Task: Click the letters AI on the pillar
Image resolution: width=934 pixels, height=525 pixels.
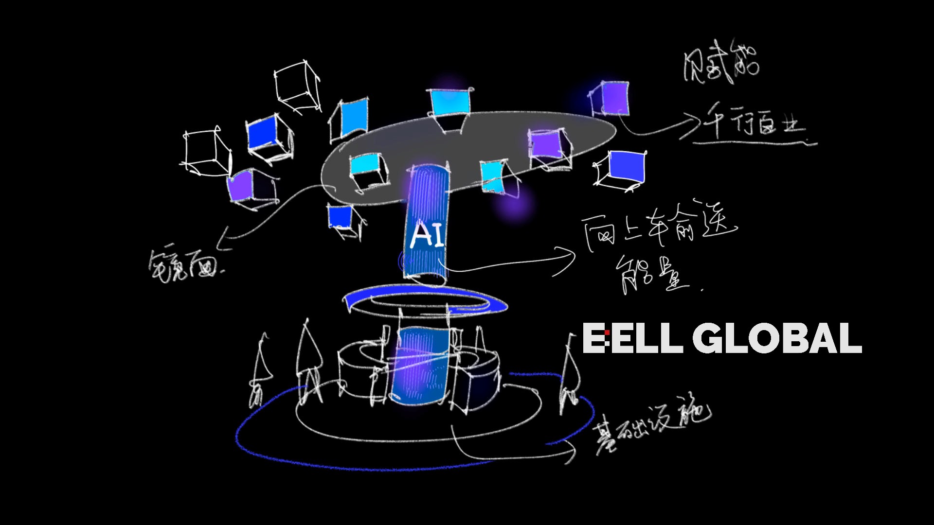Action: [427, 235]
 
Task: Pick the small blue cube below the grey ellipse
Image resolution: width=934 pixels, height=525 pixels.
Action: [343, 218]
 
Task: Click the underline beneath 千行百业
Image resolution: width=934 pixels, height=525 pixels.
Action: [754, 143]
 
